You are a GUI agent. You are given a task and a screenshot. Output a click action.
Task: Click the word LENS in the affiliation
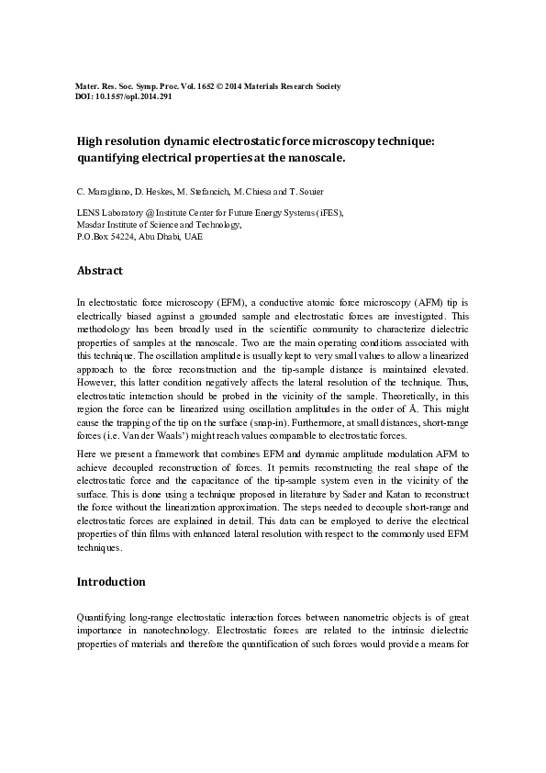[88, 212]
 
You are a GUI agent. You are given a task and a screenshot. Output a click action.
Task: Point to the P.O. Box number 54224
[121, 236]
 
